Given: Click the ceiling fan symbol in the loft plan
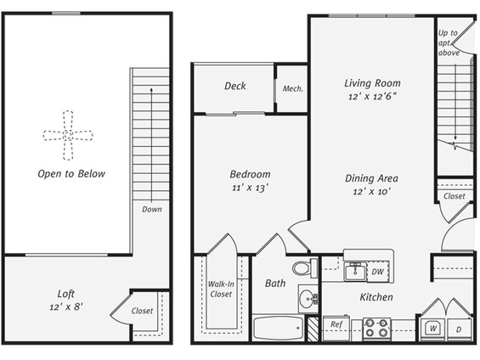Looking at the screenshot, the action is [68, 135].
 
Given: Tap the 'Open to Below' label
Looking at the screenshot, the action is [71, 174].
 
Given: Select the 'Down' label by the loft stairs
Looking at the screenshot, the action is [152, 210].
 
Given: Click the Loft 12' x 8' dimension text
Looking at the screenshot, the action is [66, 307].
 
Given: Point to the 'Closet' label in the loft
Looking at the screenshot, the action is [142, 311].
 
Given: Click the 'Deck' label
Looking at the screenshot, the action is [235, 86].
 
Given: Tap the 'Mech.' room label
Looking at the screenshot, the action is [292, 88].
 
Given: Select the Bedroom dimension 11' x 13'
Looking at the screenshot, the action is [250, 188].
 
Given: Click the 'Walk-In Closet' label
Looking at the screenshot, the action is [221, 289].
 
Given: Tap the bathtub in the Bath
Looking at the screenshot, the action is [278, 328].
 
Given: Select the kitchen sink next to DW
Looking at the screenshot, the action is [355, 271].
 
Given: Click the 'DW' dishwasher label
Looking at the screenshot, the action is [378, 272].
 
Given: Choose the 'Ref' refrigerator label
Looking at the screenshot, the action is [336, 324].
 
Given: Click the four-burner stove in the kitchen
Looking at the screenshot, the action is [376, 329].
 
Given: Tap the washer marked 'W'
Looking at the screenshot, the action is [433, 329].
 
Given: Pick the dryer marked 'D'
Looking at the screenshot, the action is [459, 329].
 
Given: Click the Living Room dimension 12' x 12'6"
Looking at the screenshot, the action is [372, 97].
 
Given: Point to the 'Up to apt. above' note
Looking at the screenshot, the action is [449, 42].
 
